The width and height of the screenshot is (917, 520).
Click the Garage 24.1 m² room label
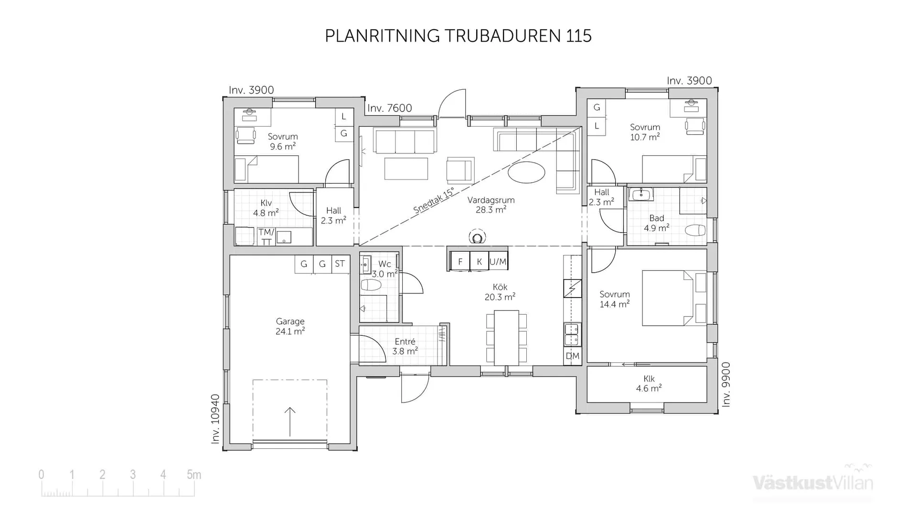[x=290, y=326]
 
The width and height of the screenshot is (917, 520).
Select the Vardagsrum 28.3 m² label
[x=491, y=205]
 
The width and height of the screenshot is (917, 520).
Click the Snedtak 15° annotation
[x=434, y=201]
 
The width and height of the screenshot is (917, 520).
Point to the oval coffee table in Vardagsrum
[x=526, y=172]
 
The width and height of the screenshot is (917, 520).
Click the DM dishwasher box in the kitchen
[x=572, y=356]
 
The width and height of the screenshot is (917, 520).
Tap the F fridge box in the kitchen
[x=460, y=262]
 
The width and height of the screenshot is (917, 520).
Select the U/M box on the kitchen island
[x=498, y=262]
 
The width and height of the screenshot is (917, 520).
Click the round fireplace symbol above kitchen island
[x=476, y=237]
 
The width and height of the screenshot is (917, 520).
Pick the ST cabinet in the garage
[x=340, y=264]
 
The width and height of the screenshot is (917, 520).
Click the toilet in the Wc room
[x=371, y=286]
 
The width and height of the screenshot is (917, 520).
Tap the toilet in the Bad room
[x=694, y=231]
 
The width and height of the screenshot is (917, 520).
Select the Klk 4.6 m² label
[x=649, y=383]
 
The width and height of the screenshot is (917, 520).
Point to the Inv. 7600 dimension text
[x=389, y=108]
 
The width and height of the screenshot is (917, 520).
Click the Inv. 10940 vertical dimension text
[x=215, y=419]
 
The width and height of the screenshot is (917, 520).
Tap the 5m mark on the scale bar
[x=193, y=475]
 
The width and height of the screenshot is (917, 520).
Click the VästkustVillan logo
[x=812, y=482]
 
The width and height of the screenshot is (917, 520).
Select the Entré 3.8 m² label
[x=405, y=346]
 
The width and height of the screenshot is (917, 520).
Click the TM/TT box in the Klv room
[x=266, y=237]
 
